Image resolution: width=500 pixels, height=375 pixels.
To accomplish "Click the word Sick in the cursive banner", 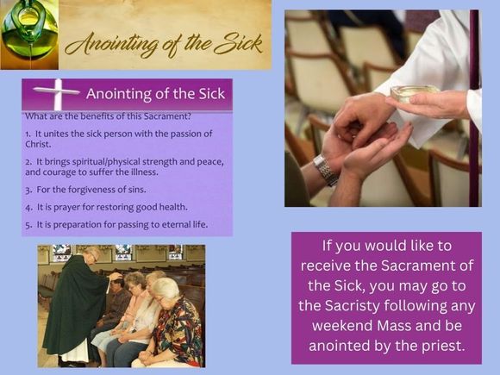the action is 238,44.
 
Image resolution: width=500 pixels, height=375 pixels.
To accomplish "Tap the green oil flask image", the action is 29,34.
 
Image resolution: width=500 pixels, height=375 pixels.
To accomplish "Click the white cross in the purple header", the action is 57,93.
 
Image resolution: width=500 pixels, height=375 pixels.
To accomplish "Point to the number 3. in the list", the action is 28,190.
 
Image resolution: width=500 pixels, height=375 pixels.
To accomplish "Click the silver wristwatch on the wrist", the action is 326,170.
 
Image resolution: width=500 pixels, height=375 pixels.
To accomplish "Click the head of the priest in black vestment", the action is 91,255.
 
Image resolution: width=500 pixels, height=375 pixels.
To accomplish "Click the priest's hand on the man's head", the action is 116,277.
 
